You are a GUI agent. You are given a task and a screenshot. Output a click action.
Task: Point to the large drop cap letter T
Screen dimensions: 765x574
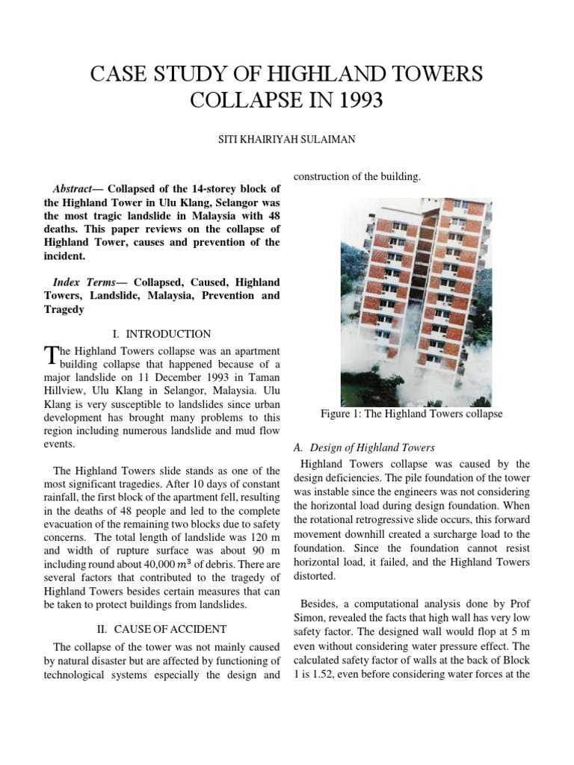(51, 355)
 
